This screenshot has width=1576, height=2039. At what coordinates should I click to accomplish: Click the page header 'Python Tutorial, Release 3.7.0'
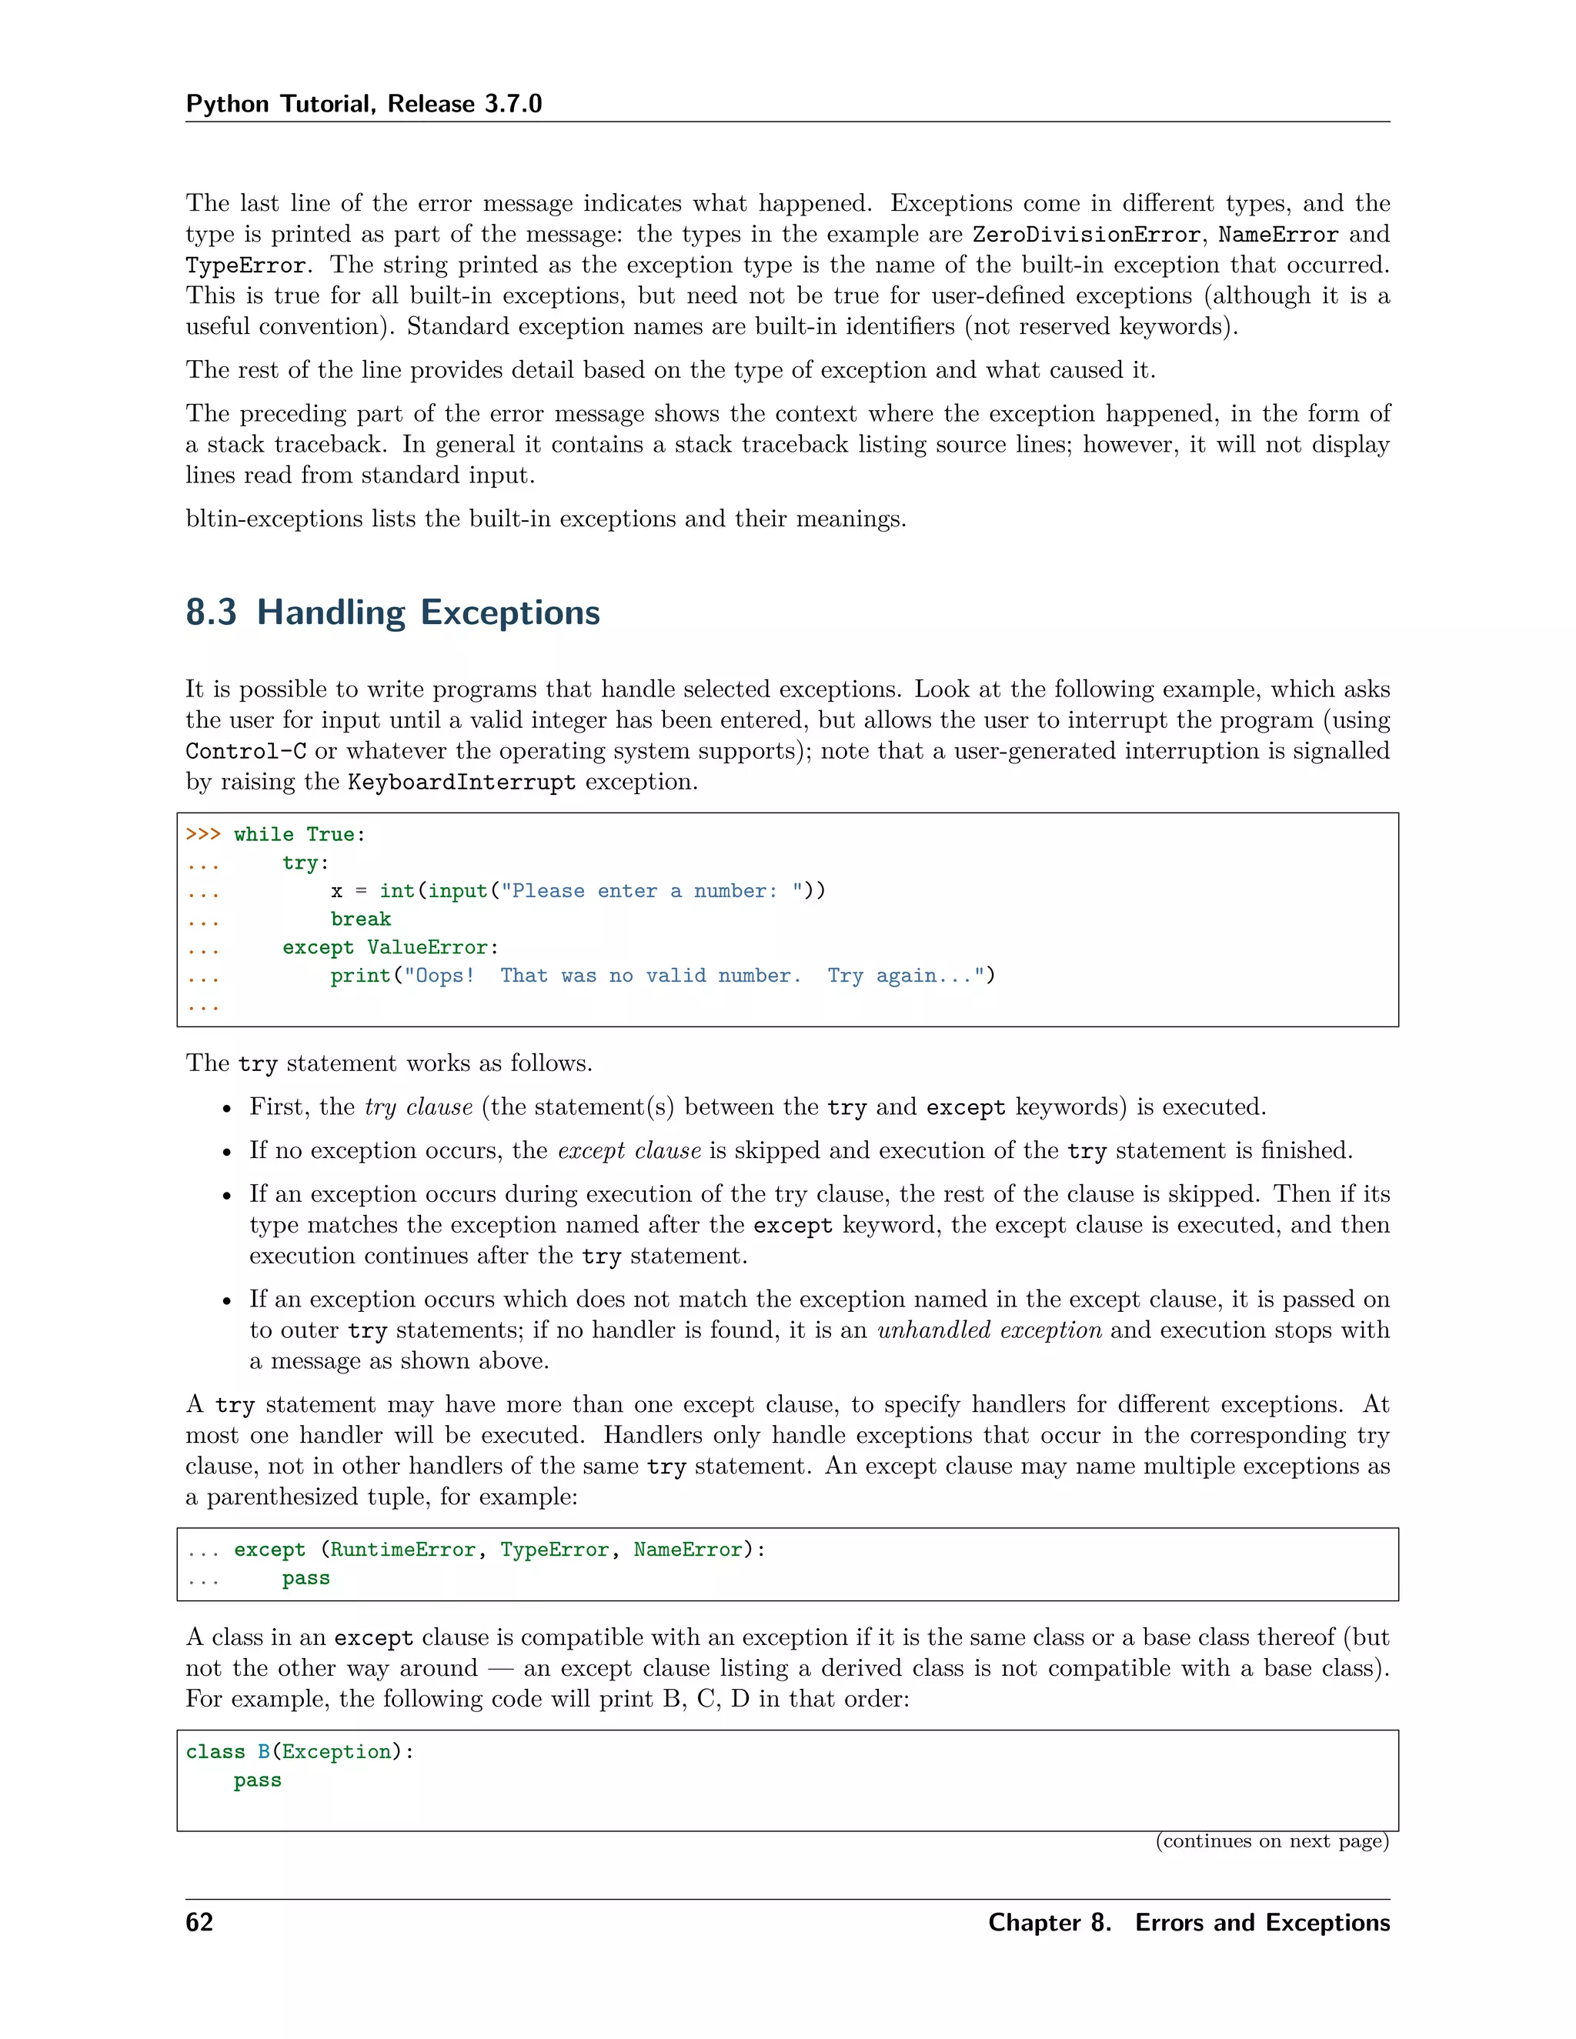[363, 104]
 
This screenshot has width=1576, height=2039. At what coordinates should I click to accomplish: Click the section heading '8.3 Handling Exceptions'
[392, 612]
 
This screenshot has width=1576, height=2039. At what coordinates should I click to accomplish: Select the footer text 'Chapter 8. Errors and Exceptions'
[1188, 1922]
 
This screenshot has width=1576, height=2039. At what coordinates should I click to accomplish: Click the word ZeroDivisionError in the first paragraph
[1086, 235]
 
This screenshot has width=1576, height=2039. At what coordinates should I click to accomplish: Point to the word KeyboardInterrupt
[461, 783]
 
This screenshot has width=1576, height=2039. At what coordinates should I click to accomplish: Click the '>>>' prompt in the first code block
[202, 835]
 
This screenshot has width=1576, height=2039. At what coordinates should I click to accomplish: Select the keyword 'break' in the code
[360, 919]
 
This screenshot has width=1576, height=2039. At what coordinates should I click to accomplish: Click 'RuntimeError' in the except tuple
[402, 1550]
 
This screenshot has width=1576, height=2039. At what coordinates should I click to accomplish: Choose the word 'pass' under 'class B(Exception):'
[258, 1780]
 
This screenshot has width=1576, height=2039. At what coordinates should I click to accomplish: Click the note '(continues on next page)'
[1271, 1841]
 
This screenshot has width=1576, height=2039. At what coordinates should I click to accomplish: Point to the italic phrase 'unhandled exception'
[989, 1330]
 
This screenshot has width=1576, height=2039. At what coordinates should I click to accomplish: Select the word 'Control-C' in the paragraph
[245, 752]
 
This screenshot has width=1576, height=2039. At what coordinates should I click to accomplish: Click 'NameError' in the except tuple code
[687, 1550]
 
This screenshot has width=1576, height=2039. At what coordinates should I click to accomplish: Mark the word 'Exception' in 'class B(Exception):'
[336, 1752]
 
